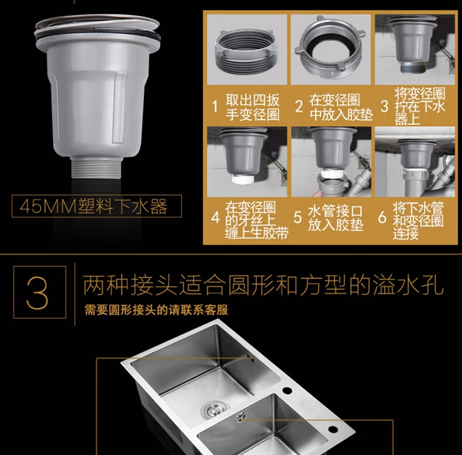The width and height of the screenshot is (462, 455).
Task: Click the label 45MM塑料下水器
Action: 94,206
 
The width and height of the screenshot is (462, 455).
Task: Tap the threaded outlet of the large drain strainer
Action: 96,167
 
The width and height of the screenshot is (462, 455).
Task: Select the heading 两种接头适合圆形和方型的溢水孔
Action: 263,284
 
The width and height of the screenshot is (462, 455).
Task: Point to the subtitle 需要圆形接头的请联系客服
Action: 156,310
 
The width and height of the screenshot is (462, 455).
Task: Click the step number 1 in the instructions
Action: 215,106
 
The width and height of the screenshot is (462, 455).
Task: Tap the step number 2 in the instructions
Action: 299,106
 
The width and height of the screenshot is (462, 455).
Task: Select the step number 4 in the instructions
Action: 215,218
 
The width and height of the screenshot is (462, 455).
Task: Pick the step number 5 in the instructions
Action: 298,217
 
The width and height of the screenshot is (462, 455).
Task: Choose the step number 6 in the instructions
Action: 382,217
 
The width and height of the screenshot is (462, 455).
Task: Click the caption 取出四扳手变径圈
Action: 253,107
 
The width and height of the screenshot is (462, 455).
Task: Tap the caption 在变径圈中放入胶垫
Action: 341,107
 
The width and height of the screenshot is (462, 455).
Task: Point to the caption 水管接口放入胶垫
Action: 336,218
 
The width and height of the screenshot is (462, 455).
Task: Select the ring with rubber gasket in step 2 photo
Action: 330,50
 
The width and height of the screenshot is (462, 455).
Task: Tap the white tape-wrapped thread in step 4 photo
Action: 243,179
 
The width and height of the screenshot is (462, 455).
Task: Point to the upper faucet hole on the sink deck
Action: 287,391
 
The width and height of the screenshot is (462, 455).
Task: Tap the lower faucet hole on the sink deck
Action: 333,429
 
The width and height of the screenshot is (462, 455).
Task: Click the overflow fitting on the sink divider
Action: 241,416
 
